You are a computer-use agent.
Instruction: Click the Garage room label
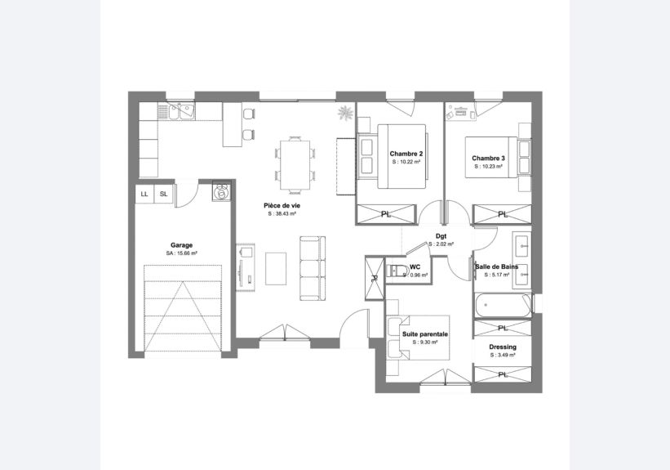click(x=182, y=245)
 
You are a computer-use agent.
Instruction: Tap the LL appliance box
click(x=144, y=194)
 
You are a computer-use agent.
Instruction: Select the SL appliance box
click(x=164, y=194)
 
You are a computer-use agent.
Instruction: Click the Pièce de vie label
click(x=282, y=205)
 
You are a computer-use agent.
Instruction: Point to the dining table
click(x=295, y=165)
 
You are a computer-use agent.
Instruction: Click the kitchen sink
click(x=182, y=111)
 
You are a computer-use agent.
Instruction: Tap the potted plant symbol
click(x=345, y=113)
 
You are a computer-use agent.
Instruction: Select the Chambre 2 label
click(x=406, y=154)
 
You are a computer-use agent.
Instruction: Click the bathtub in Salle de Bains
click(x=503, y=305)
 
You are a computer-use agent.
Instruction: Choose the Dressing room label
click(x=503, y=347)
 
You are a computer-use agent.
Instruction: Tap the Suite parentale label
click(x=425, y=334)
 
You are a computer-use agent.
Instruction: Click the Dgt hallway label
click(x=441, y=236)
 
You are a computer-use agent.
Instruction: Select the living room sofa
click(x=313, y=268)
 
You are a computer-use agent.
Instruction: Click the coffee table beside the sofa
click(x=276, y=268)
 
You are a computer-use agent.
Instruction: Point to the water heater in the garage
click(x=221, y=191)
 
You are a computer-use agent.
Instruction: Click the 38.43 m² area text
click(x=282, y=214)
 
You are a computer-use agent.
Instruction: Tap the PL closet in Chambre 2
click(x=386, y=214)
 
